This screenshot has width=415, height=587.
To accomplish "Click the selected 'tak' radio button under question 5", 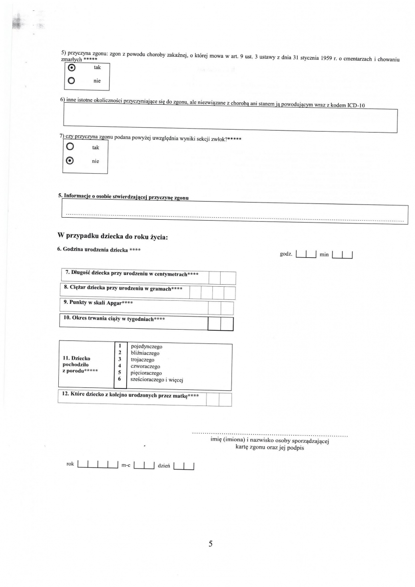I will coord(72,68).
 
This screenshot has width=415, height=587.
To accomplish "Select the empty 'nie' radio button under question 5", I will coord(72,81).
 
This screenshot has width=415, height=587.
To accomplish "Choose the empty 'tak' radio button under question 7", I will coord(70,147).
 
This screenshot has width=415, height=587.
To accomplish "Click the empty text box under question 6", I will coord(230,120).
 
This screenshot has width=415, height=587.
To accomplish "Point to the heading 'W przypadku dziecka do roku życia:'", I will coord(113,236).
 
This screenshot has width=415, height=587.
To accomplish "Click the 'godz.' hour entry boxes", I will coord(307,254).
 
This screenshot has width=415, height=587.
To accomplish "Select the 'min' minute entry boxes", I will coord(343,254).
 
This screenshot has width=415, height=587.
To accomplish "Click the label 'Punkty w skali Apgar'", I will coord(98,303).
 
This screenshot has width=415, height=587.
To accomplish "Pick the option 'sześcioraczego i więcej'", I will coord(157,380).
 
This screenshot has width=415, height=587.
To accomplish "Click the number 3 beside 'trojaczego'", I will coord(120,359).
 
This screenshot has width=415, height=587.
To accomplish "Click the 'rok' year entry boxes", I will coord(98,465).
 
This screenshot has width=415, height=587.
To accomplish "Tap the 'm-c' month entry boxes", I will coord(144,465).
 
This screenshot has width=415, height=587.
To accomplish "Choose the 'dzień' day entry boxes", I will coord(184,465).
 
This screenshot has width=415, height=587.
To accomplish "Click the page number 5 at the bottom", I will coord(210,544).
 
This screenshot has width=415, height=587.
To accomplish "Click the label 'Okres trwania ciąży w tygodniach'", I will coord(114,319).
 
